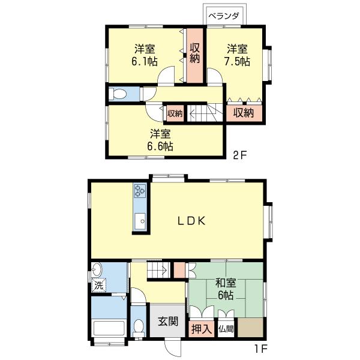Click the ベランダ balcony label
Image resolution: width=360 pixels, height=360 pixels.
point(224,16)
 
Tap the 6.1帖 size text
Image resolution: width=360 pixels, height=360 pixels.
point(145,61)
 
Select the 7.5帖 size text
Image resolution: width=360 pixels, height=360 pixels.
point(237,61)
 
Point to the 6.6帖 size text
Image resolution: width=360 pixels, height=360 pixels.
point(160,146)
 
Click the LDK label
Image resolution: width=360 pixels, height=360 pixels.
point(191,221)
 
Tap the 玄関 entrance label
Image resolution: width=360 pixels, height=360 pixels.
point(168,321)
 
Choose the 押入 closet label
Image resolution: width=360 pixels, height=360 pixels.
point(202,329)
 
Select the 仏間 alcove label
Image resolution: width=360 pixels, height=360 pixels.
point(226,329)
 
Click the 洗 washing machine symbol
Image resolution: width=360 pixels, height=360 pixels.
point(99,286)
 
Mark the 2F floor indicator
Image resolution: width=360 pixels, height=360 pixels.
point(239,155)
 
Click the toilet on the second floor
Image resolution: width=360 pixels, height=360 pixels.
point(118,94)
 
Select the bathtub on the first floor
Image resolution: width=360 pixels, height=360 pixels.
point(109,328)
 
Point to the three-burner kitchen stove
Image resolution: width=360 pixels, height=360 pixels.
point(140,191)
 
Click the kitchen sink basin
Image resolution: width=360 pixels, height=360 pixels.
point(140,221)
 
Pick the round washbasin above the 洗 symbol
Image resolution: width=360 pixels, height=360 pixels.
point(97,270)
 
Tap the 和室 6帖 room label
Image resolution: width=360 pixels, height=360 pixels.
point(226,289)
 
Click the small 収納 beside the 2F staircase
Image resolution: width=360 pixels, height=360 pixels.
point(175,113)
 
